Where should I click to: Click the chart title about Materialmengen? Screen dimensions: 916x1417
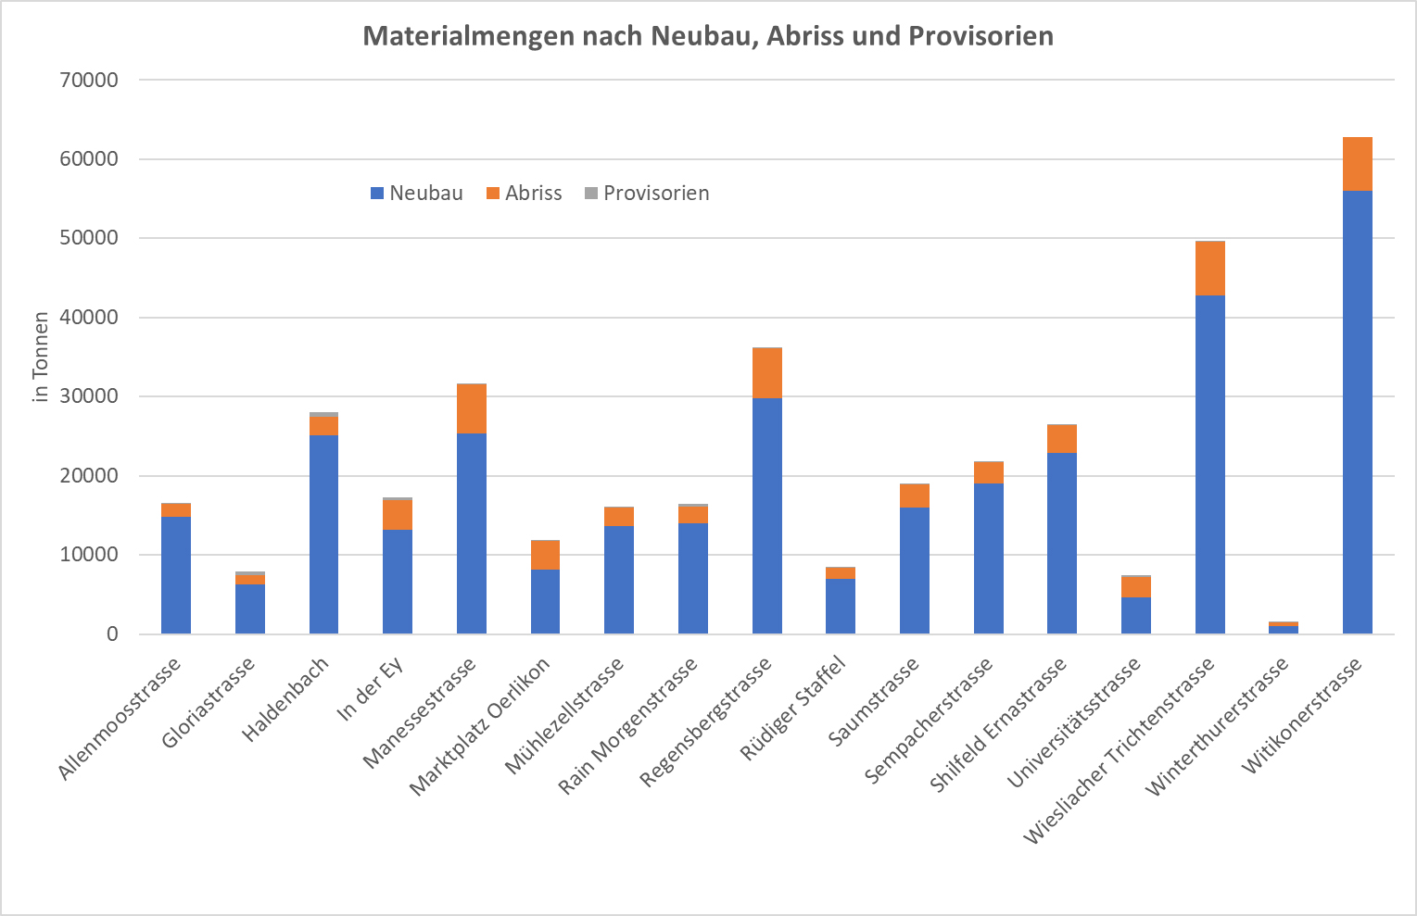[708, 36]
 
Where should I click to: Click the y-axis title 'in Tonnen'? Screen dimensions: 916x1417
[40, 357]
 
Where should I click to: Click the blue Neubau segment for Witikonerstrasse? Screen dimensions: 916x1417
[1357, 412]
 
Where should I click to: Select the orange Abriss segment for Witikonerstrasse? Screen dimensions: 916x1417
[1357, 164]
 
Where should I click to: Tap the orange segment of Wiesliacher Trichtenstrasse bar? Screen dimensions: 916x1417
[1209, 269]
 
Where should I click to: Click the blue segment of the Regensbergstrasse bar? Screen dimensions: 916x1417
[766, 515]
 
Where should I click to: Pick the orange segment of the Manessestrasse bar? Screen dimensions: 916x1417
[472, 408]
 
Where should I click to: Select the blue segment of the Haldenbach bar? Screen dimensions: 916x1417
[323, 533]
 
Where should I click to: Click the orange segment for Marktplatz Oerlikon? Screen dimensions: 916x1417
[545, 555]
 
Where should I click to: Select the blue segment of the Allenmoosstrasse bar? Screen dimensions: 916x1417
[176, 574]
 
